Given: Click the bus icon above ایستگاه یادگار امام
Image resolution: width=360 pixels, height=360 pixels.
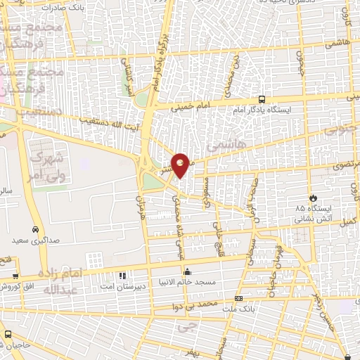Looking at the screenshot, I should pos(262,100).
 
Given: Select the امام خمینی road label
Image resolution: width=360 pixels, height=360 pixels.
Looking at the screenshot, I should pos(191,106).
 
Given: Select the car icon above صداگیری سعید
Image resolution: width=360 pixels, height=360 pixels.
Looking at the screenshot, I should pos(35,230).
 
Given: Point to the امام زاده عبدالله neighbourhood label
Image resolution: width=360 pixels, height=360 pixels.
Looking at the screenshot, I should pos(63,281).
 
